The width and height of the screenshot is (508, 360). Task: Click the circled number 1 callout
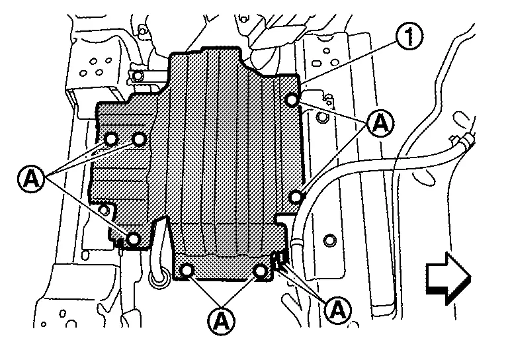409,38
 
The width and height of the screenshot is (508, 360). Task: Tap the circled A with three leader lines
31,178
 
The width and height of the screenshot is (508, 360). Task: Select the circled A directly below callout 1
381,123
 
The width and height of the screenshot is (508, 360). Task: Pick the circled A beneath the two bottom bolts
222,320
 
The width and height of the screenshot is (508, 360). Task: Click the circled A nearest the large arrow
338,310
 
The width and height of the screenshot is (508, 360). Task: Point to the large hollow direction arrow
448,279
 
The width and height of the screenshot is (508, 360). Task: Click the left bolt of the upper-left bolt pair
111,140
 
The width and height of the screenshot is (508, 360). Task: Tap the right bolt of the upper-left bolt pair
140,140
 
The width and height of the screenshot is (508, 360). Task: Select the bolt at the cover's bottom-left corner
133,240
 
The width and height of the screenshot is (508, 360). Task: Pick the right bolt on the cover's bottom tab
261,270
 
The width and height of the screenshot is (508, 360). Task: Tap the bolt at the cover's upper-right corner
292,100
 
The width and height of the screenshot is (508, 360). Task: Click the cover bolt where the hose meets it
296,197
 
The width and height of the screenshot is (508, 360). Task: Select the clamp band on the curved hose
296,243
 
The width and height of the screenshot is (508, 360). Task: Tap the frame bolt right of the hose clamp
329,240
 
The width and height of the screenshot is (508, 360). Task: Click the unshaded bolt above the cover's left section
138,76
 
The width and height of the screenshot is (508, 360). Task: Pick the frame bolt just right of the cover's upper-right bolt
321,117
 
